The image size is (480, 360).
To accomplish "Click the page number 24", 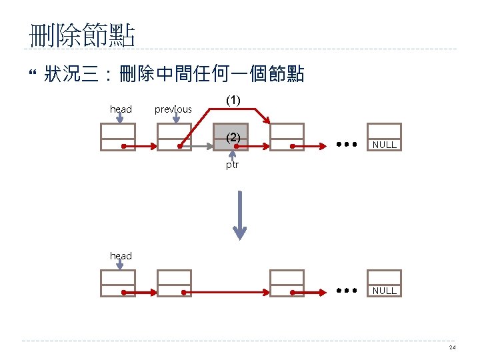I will tap(453, 348).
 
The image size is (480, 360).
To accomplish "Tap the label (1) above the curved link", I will tap(233, 101).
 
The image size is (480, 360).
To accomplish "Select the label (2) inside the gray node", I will tap(233, 137).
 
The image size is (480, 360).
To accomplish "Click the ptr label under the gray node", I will tap(232, 165).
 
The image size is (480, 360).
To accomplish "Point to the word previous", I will tap(173, 109).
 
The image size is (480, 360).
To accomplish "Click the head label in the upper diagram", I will tap(121, 109).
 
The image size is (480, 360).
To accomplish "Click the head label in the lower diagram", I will tap(121, 256).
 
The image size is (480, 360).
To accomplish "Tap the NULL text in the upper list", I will tap(385, 145).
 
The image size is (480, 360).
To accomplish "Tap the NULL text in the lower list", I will tap(385, 291).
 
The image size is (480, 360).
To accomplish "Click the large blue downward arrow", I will tap(239, 213).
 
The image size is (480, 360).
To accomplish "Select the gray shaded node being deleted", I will tap(231, 137).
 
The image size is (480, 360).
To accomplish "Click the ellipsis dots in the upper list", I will tap(345, 143).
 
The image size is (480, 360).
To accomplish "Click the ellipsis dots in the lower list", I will tap(345, 290).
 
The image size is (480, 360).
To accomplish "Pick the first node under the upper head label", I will tap(117, 137).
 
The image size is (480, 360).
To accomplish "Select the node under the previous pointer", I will tap(174, 137).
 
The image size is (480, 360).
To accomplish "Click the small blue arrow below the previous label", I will tap(177, 117).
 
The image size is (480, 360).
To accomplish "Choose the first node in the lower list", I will tap(117, 283).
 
